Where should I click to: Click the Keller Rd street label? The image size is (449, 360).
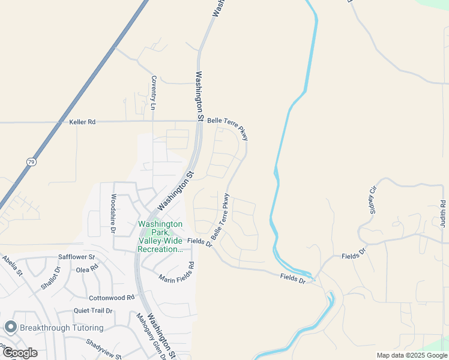pyautogui.click(x=82, y=122)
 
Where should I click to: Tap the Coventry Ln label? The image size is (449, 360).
pyautogui.click(x=154, y=92)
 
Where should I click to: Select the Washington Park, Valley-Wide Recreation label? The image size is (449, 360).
pyautogui.click(x=160, y=236)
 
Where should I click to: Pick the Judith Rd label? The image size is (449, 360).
pyautogui.click(x=443, y=213)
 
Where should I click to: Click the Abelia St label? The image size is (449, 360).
pyautogui.click(x=11, y=265)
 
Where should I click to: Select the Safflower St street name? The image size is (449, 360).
pyautogui.click(x=77, y=257)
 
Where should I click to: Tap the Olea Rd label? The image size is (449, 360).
pyautogui.click(x=87, y=269)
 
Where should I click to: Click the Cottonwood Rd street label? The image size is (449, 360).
pyautogui.click(x=112, y=298)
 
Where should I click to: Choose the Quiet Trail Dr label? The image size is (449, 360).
pyautogui.click(x=93, y=311)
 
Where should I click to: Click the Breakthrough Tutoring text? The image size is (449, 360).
pyautogui.click(x=61, y=328)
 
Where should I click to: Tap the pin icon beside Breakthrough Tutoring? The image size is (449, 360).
pyautogui.click(x=10, y=328)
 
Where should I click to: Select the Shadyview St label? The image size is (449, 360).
pyautogui.click(x=104, y=350)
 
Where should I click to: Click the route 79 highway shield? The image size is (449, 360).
pyautogui.click(x=31, y=161)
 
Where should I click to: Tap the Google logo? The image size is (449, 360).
pyautogui.click(x=19, y=353)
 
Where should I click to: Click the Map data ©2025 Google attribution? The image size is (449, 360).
pyautogui.click(x=412, y=355)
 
